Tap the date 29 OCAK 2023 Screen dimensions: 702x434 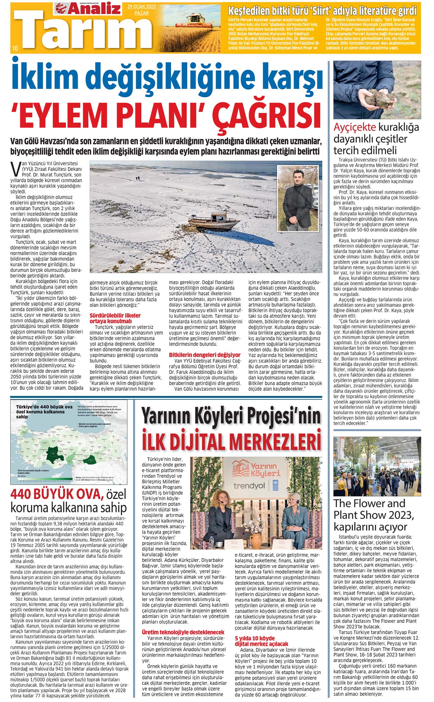tap(141, 7)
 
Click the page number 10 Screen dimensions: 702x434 tap(15, 48)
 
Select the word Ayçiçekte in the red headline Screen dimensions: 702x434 tap(355, 127)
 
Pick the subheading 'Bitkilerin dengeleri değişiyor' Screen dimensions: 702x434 tap(205, 354)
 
